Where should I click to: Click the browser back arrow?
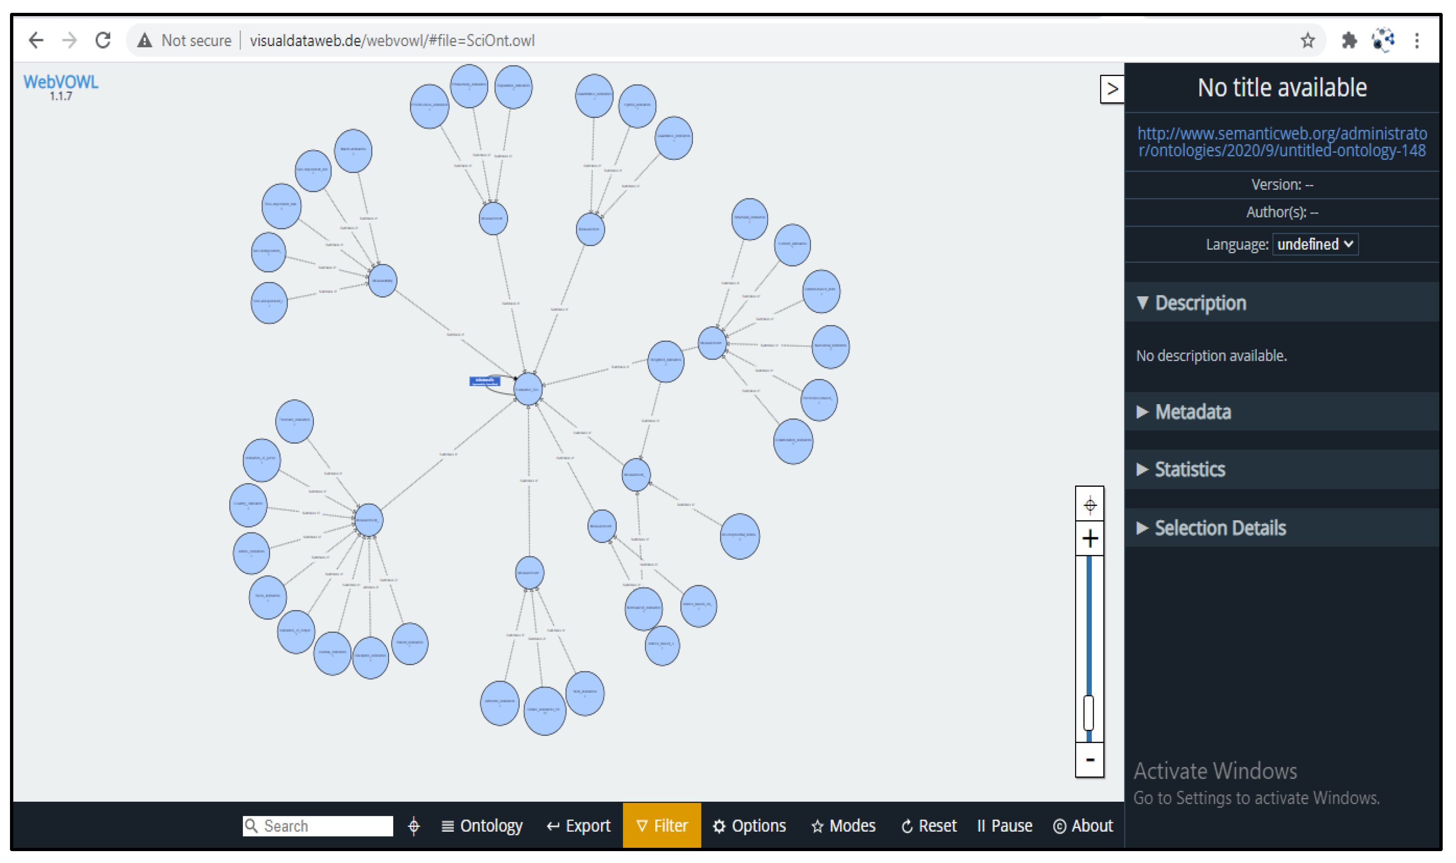[x=36, y=40]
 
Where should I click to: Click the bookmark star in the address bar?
[x=1308, y=40]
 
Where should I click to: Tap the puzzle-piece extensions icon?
[x=1349, y=40]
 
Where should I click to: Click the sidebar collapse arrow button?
[x=1112, y=89]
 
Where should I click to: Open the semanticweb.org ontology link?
[x=1281, y=142]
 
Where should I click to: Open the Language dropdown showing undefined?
[x=1315, y=244]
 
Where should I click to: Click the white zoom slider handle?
[x=1089, y=712]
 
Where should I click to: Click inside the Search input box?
[x=326, y=826]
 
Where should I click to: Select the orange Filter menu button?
[x=662, y=826]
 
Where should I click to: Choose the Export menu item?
[x=579, y=826]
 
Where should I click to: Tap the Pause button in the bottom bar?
[x=1005, y=826]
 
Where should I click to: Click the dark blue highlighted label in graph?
[x=485, y=381]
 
